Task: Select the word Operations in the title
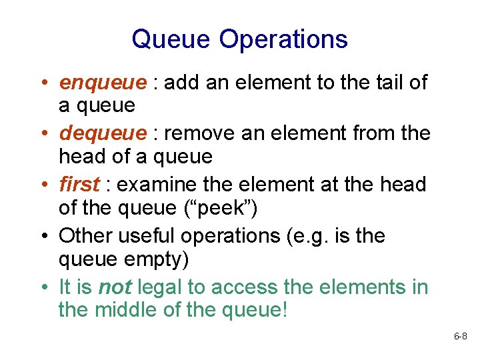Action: (x=283, y=39)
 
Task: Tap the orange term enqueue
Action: (x=103, y=83)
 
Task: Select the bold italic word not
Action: (x=115, y=287)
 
